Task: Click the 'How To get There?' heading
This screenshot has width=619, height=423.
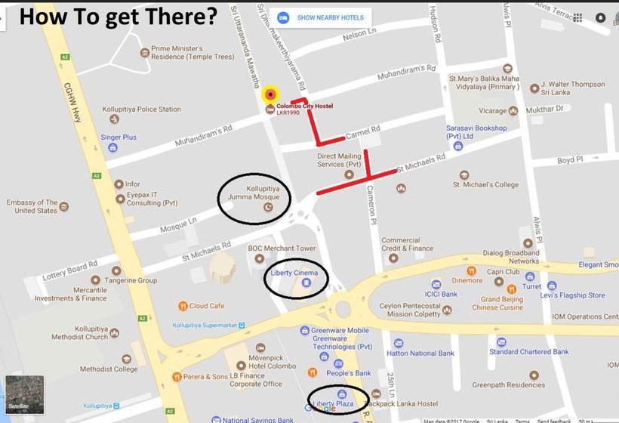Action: pyautogui.click(x=118, y=16)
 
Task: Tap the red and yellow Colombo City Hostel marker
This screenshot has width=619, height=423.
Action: pyautogui.click(x=270, y=94)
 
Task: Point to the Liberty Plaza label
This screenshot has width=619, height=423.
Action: pyautogui.click(x=334, y=404)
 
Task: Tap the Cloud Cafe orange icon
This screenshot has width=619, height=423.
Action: pyautogui.click(x=183, y=306)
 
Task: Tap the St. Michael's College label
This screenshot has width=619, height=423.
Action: pyautogui.click(x=485, y=184)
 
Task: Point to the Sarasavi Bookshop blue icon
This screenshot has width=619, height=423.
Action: pyautogui.click(x=458, y=146)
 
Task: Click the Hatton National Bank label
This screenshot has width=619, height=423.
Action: pyautogui.click(x=420, y=353)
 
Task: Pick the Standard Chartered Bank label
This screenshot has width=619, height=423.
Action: pyautogui.click(x=528, y=352)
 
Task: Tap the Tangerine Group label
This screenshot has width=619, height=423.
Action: pyautogui.click(x=131, y=280)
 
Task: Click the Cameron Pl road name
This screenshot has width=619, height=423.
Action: pyautogui.click(x=371, y=204)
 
